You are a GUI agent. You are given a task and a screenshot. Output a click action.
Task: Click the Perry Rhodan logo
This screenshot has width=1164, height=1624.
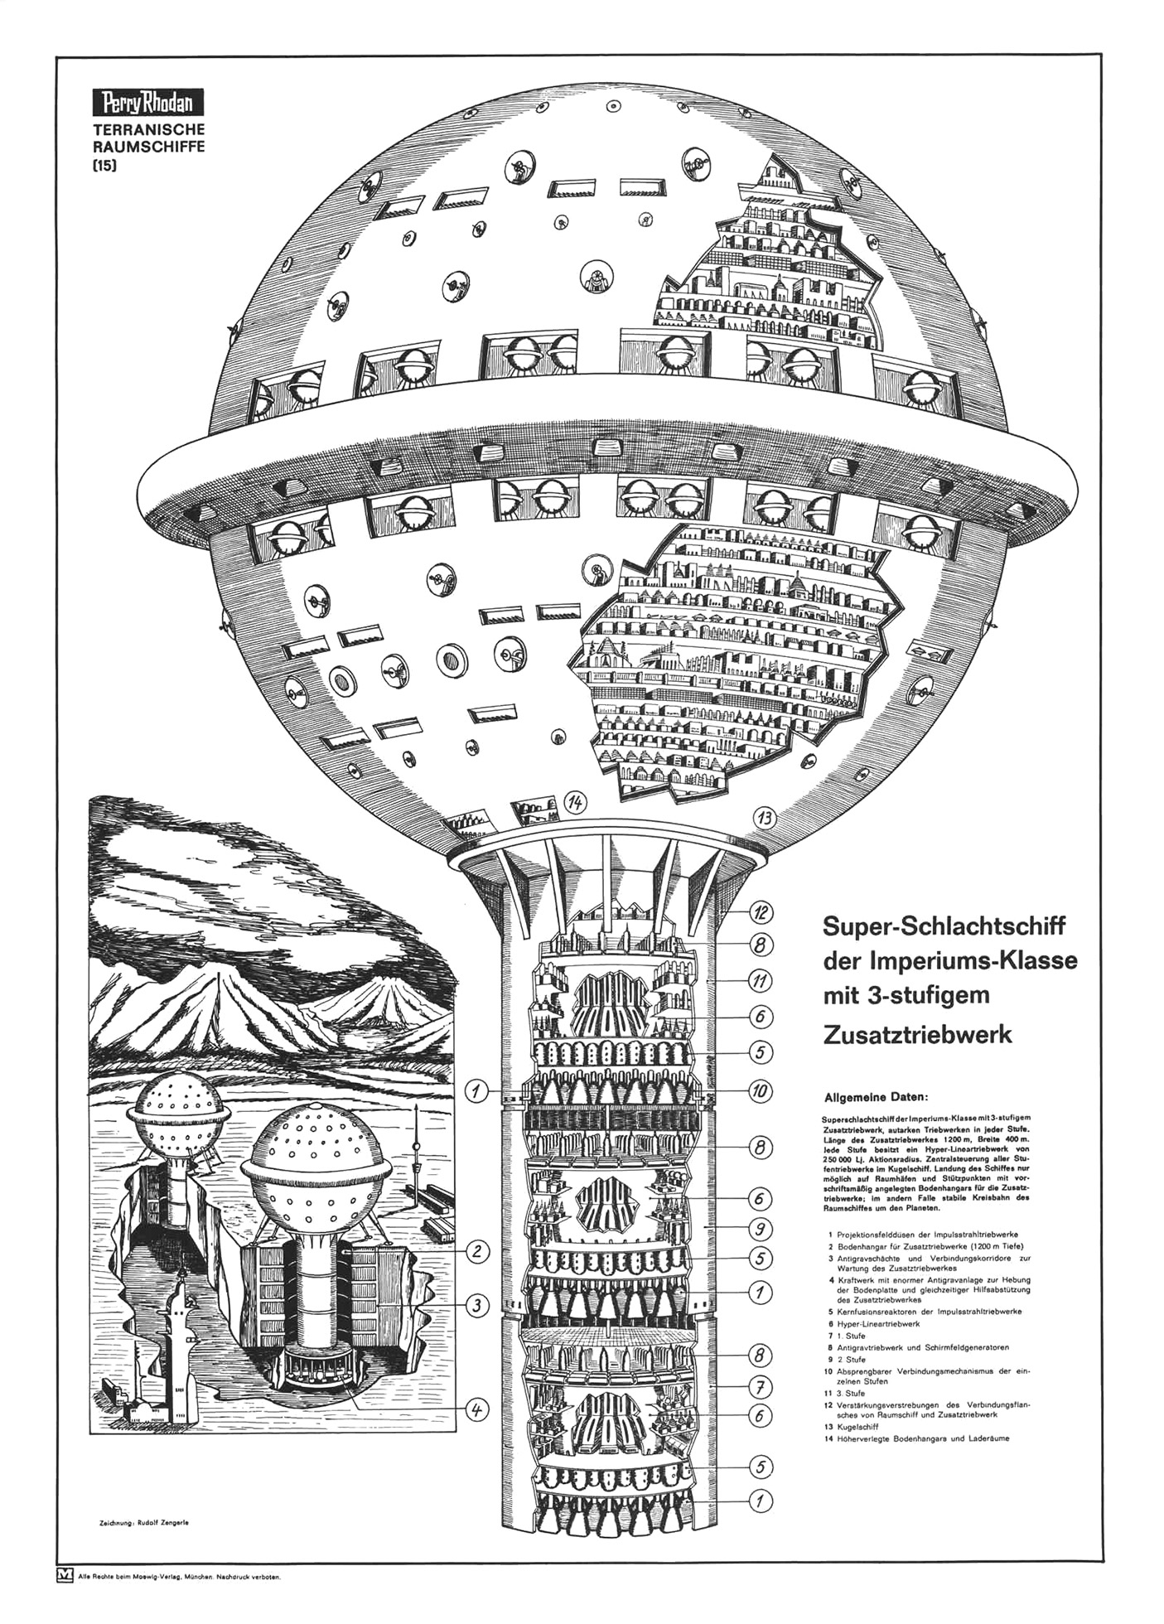147,103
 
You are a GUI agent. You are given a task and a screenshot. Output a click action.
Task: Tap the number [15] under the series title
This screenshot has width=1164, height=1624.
104,165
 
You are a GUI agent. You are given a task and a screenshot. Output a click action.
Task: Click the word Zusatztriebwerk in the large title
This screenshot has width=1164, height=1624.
917,1035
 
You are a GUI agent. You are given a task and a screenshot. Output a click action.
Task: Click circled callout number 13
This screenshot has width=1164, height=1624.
765,819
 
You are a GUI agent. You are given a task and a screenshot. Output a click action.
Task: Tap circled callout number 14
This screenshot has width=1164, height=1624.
575,801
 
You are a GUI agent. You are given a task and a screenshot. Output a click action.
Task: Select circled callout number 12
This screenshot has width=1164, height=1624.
761,913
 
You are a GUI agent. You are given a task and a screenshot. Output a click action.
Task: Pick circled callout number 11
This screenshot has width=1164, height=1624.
761,981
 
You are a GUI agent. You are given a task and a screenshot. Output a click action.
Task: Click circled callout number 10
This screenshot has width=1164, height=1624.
761,1091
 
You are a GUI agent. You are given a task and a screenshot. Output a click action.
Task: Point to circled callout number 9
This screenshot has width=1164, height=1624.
761,1229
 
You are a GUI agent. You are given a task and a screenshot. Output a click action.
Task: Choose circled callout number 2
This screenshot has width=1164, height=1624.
477,1252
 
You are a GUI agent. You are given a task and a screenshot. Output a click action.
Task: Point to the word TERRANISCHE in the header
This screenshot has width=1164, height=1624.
148,130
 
